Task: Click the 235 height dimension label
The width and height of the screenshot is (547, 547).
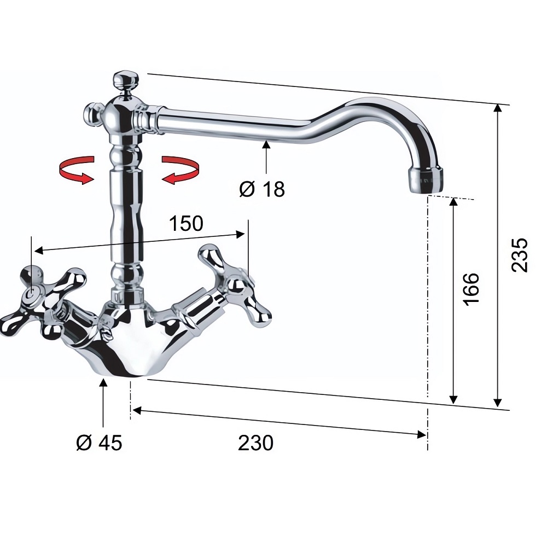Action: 520,255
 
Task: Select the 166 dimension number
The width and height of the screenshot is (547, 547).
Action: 471,289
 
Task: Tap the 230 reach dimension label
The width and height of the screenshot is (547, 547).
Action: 255,443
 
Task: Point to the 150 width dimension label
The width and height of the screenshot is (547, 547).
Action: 186,223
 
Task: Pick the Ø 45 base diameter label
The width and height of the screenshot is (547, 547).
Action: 100,443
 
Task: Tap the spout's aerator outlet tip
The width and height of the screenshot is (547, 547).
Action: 424,179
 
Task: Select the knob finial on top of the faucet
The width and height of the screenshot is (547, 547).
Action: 126,80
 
